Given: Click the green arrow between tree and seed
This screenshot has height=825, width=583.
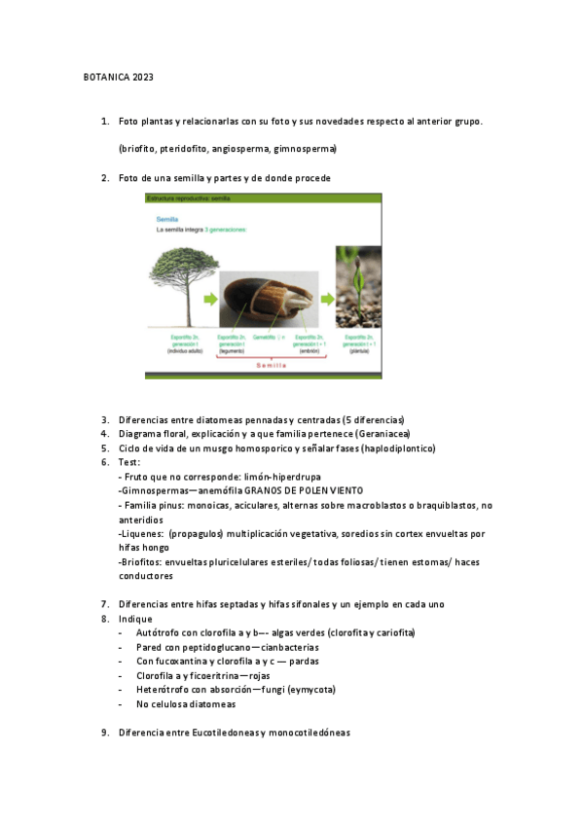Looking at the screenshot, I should pyautogui.click(x=210, y=299).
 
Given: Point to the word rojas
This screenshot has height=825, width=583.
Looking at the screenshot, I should pyautogui.click(x=256, y=675).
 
